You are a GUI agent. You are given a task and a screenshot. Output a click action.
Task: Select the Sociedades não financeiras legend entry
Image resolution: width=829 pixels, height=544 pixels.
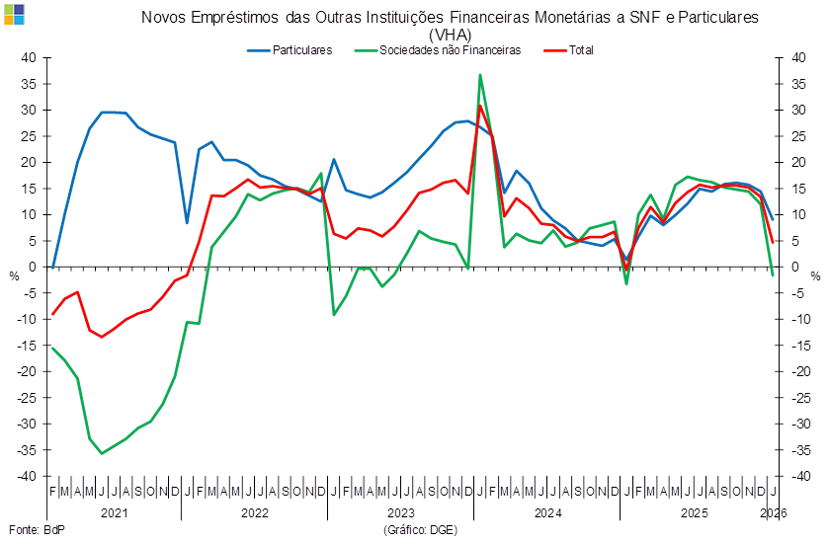click(453, 49)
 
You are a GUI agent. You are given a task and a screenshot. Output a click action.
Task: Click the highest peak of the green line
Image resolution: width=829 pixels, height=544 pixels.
click(480, 74)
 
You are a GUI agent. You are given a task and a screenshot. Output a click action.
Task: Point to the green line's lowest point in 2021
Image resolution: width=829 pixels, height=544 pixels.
click(102, 453)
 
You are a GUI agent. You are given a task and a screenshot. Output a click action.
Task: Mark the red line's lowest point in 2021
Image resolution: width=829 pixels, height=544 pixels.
click(102, 337)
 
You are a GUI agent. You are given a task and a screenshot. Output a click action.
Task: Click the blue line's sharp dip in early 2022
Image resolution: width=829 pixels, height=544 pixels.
click(187, 222)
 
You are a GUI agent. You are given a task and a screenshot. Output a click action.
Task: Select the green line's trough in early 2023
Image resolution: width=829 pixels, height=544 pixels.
click(334, 314)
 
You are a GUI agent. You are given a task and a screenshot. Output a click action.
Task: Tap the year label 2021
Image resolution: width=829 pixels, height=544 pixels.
click(115, 513)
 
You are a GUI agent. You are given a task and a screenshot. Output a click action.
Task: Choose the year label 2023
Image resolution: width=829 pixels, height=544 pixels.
click(400, 513)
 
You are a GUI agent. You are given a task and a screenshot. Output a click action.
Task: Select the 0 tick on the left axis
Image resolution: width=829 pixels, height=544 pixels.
click(32, 267)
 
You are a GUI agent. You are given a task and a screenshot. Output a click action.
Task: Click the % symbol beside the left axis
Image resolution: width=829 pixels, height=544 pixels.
click(15, 276)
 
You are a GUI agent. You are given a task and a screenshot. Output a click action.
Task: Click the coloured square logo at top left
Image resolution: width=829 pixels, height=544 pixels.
click(15, 14)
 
